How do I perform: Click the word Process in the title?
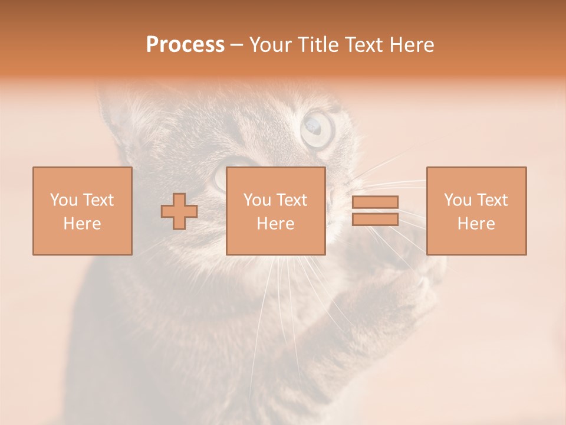[185, 45]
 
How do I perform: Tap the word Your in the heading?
[271, 45]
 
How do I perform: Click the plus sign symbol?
[179, 211]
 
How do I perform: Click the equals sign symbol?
[375, 211]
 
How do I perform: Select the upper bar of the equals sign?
[375, 202]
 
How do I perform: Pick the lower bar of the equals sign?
[375, 220]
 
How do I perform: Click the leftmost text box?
[83, 211]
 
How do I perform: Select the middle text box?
[275, 211]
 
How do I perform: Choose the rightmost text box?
[476, 211]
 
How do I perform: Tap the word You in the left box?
[64, 200]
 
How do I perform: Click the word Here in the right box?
[476, 224]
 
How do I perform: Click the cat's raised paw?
[407, 283]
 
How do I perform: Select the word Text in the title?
[363, 45]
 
